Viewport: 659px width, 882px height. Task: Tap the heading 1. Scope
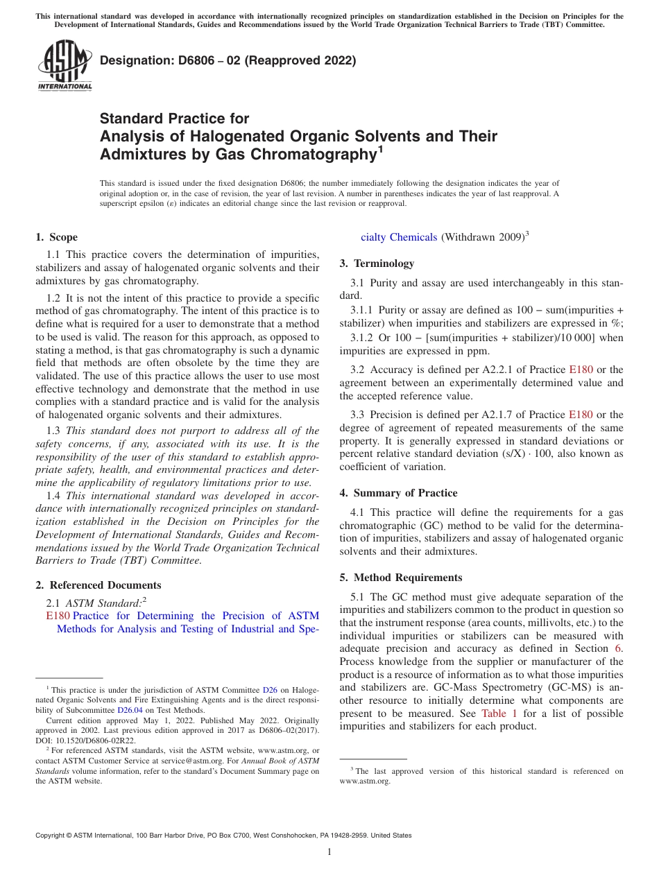click(x=57, y=237)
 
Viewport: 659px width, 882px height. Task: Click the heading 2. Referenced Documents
click(x=99, y=585)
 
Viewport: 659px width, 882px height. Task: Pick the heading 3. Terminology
click(x=377, y=263)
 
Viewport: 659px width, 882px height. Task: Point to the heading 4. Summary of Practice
click(x=398, y=493)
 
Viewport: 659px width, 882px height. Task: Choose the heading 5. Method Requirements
click(x=400, y=578)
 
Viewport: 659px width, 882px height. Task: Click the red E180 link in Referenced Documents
click(x=58, y=616)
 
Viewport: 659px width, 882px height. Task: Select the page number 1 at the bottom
click(x=329, y=851)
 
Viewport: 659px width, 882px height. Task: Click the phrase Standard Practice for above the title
click(x=174, y=119)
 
